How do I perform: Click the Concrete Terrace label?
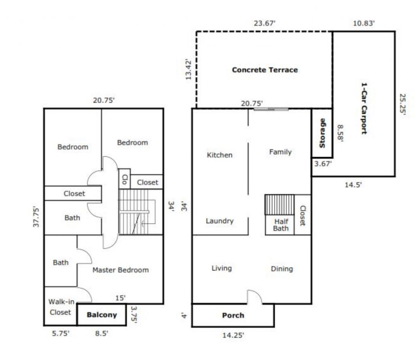coord(265,70)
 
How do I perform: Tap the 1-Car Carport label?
coord(364,109)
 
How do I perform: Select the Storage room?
coord(322,133)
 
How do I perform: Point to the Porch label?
coord(233,315)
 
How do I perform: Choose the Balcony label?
coord(102,315)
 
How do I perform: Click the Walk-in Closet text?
coord(61,307)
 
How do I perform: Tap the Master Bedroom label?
coord(120,270)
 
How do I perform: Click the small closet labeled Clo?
coord(124,179)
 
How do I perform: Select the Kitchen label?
coord(220,155)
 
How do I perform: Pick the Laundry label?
coord(220,221)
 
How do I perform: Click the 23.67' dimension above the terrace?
coord(265,23)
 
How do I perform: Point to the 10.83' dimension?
coord(364,23)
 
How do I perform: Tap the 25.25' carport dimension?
coord(402,104)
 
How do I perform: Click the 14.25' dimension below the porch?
coord(233,335)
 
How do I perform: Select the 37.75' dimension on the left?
coord(36,217)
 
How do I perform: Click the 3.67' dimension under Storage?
coord(323,164)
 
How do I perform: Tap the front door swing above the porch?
coord(255,297)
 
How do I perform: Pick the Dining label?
coord(282,269)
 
